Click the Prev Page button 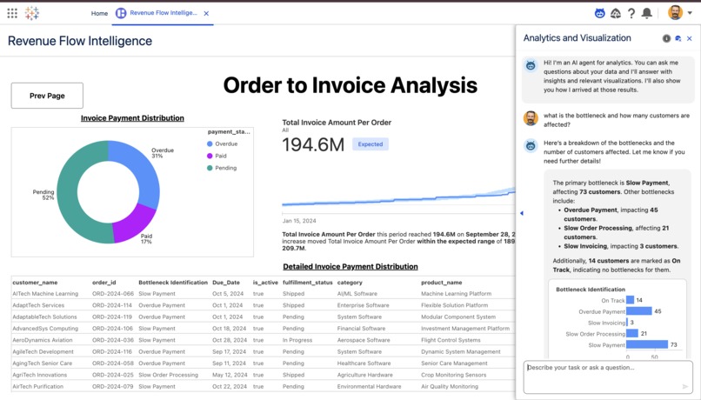[47, 96]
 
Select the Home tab [99, 14]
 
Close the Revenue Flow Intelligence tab [206, 14]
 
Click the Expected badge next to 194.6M [371, 144]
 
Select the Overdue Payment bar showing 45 [639, 311]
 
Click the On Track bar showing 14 [630, 300]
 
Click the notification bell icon [646, 13]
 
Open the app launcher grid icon [12, 13]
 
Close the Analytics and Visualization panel [690, 38]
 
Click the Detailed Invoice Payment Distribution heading [350, 267]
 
